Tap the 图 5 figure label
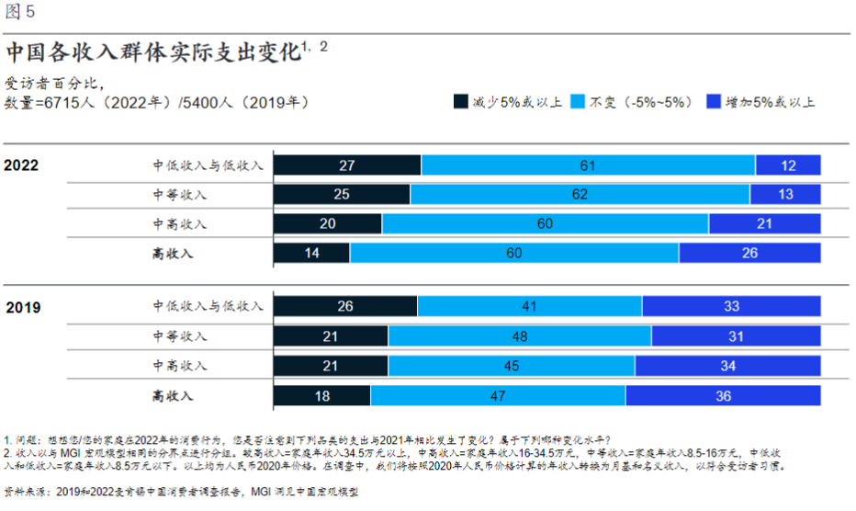20,12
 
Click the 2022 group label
21,165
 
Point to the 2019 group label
21,307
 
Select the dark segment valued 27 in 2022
347,165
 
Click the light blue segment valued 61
588,165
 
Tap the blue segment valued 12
788,165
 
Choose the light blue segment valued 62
580,194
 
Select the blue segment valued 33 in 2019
731,307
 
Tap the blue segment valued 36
723,395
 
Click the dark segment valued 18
321,395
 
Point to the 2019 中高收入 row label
180,366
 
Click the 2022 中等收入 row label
180,195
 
